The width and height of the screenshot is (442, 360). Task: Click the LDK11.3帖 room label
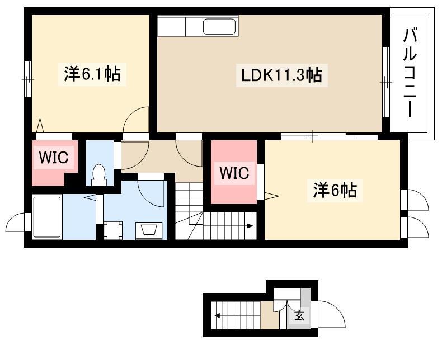(x=281, y=75)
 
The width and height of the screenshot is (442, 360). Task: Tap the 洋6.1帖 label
(x=92, y=74)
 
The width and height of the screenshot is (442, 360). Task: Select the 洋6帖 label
(x=335, y=190)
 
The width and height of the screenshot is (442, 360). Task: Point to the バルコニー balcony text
(x=410, y=73)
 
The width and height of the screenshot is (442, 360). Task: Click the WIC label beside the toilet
(x=54, y=157)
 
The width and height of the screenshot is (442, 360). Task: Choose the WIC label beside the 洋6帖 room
(x=234, y=173)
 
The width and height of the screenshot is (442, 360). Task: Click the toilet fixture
(x=99, y=175)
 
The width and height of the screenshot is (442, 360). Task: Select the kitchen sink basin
(x=219, y=26)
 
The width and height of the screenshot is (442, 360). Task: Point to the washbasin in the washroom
(x=149, y=231)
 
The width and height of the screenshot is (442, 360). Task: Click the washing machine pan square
(x=113, y=230)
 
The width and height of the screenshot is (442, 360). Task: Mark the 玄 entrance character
(x=299, y=315)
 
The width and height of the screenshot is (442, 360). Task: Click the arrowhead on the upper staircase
(x=250, y=226)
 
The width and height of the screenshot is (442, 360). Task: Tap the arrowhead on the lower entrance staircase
(x=218, y=315)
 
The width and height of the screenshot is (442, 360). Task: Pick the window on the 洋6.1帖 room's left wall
(x=27, y=79)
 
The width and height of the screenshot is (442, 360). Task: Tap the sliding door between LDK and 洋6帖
(x=329, y=136)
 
